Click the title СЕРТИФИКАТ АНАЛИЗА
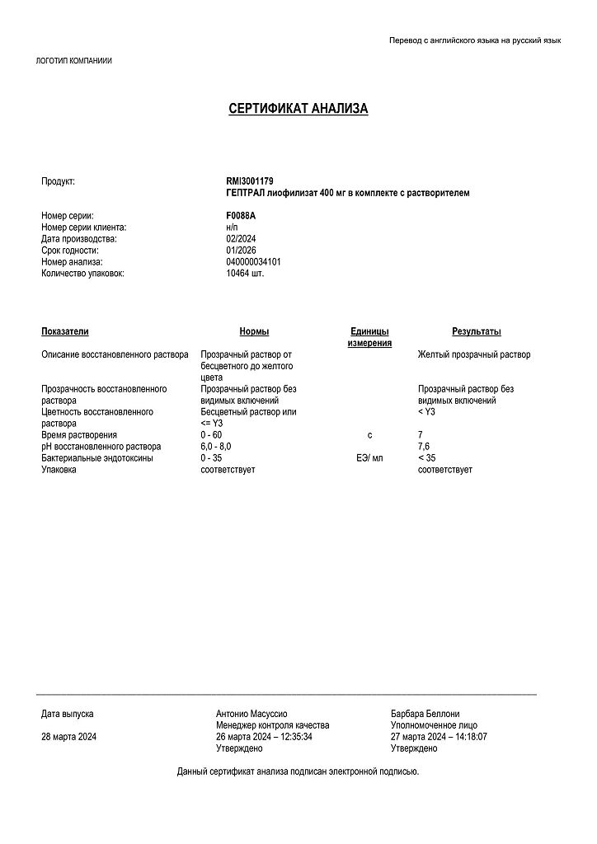(x=298, y=109)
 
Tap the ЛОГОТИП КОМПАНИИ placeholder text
(x=74, y=61)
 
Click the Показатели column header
(x=64, y=331)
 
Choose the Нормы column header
(x=254, y=331)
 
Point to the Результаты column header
(x=476, y=331)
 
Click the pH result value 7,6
(x=425, y=446)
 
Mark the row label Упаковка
(x=59, y=469)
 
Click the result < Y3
(x=426, y=411)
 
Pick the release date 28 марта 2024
(x=69, y=737)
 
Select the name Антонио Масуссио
(x=251, y=714)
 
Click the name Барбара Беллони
(x=425, y=714)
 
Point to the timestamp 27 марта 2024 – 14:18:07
(x=440, y=737)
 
